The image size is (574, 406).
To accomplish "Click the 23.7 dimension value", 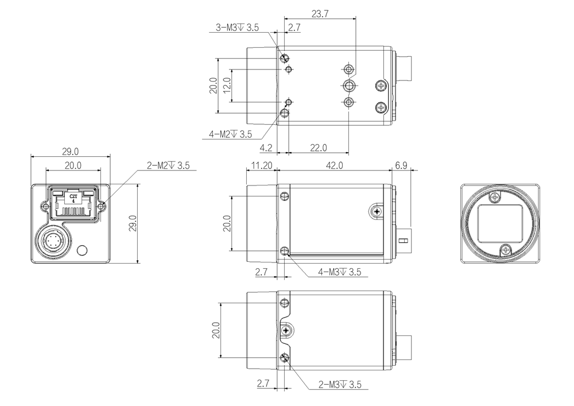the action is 320,14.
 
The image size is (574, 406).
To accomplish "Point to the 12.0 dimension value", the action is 227,85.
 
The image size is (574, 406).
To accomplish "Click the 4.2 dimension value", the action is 266,148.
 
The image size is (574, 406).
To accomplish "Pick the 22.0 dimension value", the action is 319,148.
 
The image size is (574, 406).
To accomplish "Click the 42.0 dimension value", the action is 335,165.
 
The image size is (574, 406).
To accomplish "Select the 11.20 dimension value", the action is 262,165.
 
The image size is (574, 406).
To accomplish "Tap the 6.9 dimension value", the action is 401,165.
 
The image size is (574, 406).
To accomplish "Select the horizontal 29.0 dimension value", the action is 70,152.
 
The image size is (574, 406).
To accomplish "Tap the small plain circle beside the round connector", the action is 82,250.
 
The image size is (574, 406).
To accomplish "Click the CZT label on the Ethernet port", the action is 73,196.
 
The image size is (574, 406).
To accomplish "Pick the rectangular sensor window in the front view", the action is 500,224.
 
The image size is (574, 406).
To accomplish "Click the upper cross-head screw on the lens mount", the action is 495,198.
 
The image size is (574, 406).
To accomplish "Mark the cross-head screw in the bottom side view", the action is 286,331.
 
